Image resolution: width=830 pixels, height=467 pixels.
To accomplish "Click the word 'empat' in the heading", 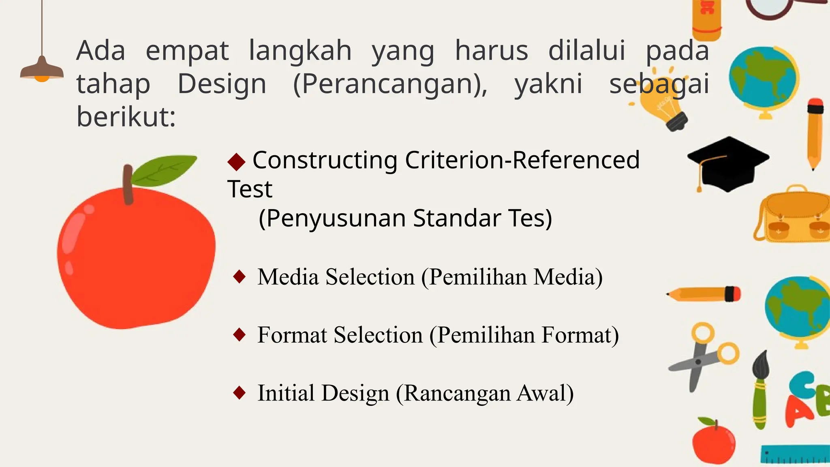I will coord(187,51).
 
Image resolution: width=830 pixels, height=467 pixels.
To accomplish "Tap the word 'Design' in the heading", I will coord(222,84).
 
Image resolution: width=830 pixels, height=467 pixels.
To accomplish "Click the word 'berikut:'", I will coord(126,117).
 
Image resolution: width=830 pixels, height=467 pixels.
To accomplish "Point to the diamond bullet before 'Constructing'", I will coord(236,162).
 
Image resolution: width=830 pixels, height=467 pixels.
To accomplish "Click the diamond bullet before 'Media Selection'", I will coord(240,277).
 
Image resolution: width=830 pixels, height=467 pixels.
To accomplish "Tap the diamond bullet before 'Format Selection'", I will coord(240,335).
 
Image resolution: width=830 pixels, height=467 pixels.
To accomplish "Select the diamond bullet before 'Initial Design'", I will coord(240,393).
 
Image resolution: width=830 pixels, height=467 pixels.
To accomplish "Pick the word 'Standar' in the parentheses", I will coord(457,219).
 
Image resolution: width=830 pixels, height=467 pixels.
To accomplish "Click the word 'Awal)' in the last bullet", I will coord(545,393).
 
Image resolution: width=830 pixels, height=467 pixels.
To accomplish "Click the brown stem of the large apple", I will coord(128,184).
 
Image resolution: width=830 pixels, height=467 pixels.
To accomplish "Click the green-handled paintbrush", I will coord(760,389).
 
